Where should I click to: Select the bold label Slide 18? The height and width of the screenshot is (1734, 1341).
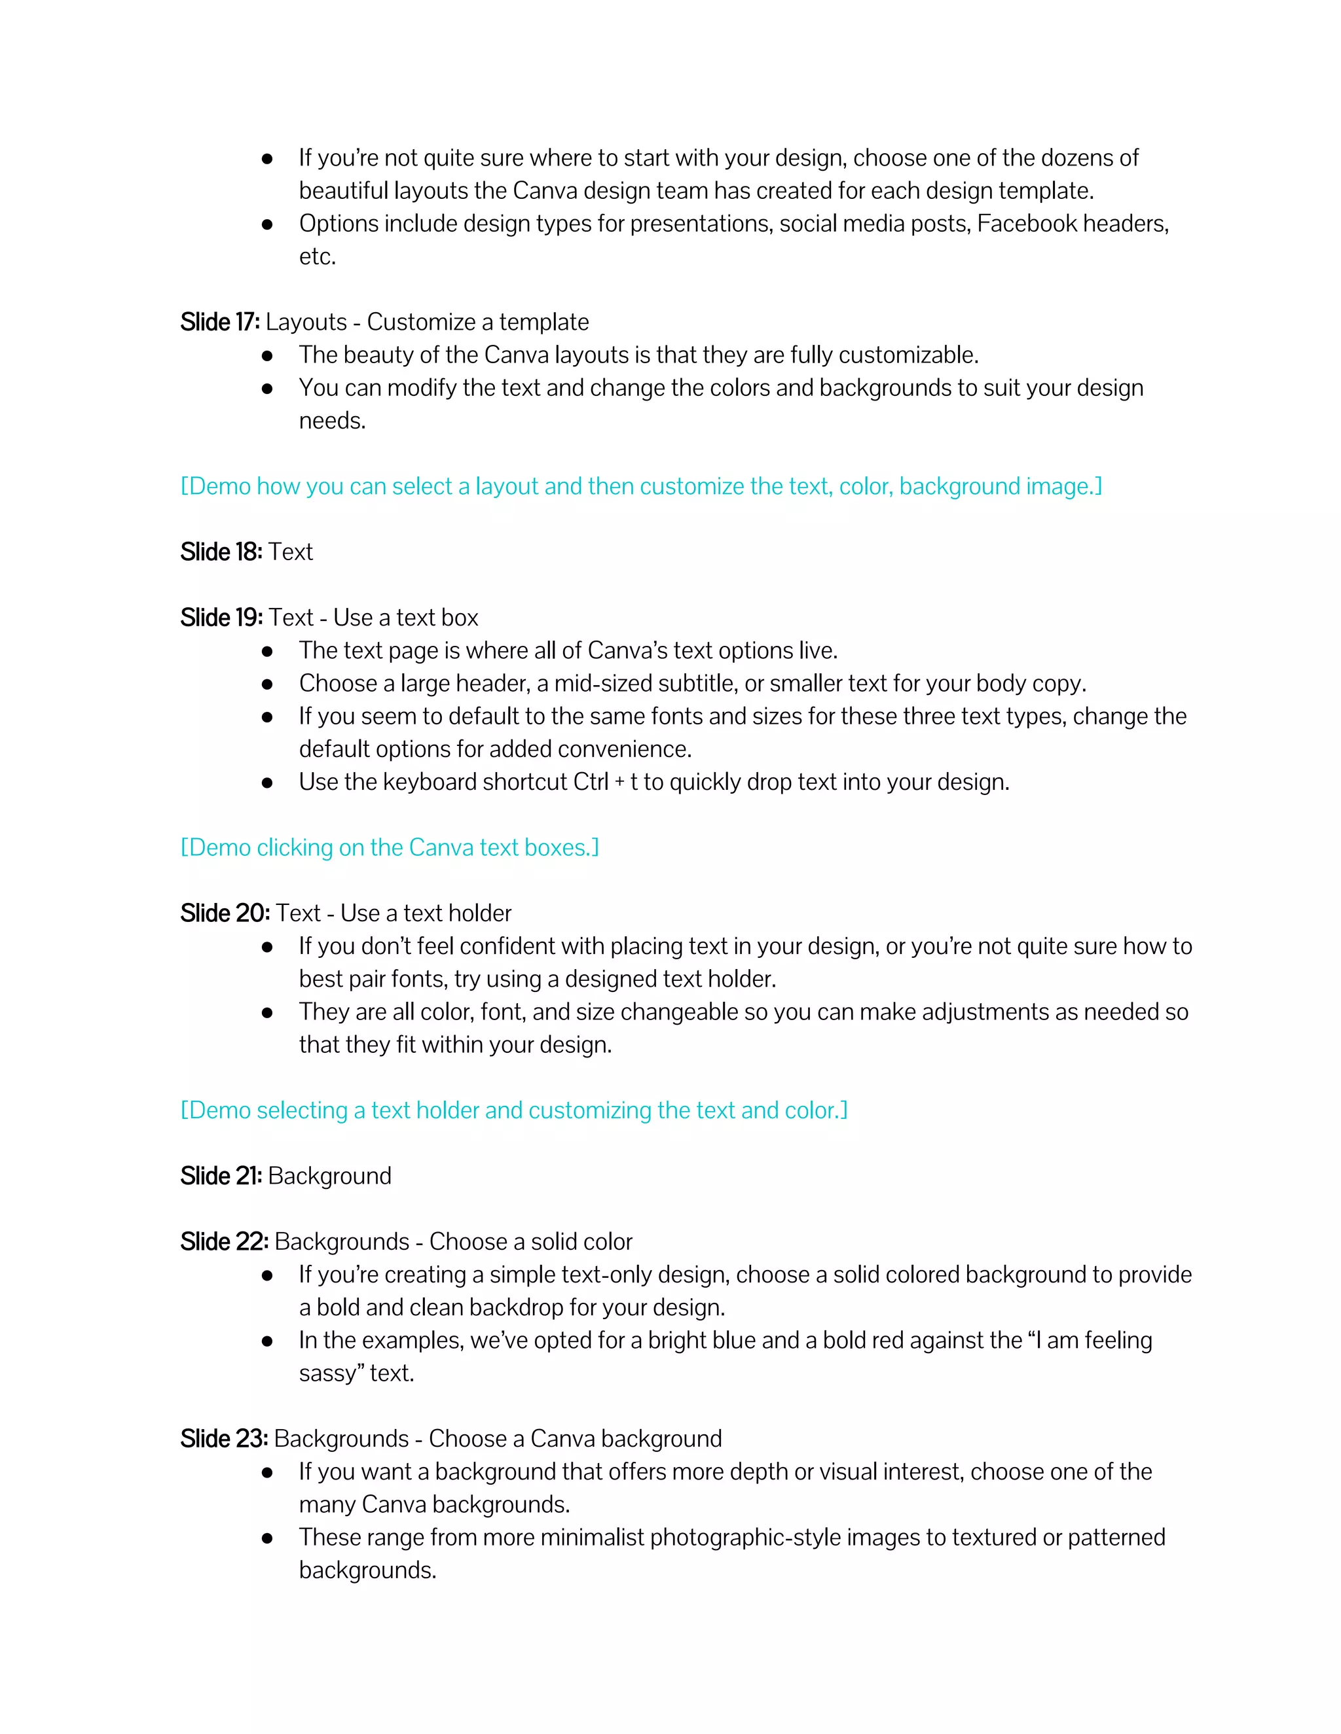[221, 552]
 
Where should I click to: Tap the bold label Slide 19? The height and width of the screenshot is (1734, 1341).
[221, 617]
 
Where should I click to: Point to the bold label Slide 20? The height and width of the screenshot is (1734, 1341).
[225, 913]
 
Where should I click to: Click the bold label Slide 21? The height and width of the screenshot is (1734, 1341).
[221, 1176]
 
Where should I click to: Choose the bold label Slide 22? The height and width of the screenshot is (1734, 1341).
[224, 1242]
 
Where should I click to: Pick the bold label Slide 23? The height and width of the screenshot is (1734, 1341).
[224, 1439]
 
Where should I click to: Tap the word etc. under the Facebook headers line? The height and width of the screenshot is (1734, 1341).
[317, 257]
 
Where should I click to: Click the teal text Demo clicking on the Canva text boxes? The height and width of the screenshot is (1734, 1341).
[390, 848]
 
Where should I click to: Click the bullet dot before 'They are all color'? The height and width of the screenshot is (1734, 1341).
[268, 1012]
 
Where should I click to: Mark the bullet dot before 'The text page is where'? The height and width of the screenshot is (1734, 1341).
[268, 651]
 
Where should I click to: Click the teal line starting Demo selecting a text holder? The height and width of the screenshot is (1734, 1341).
[513, 1111]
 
